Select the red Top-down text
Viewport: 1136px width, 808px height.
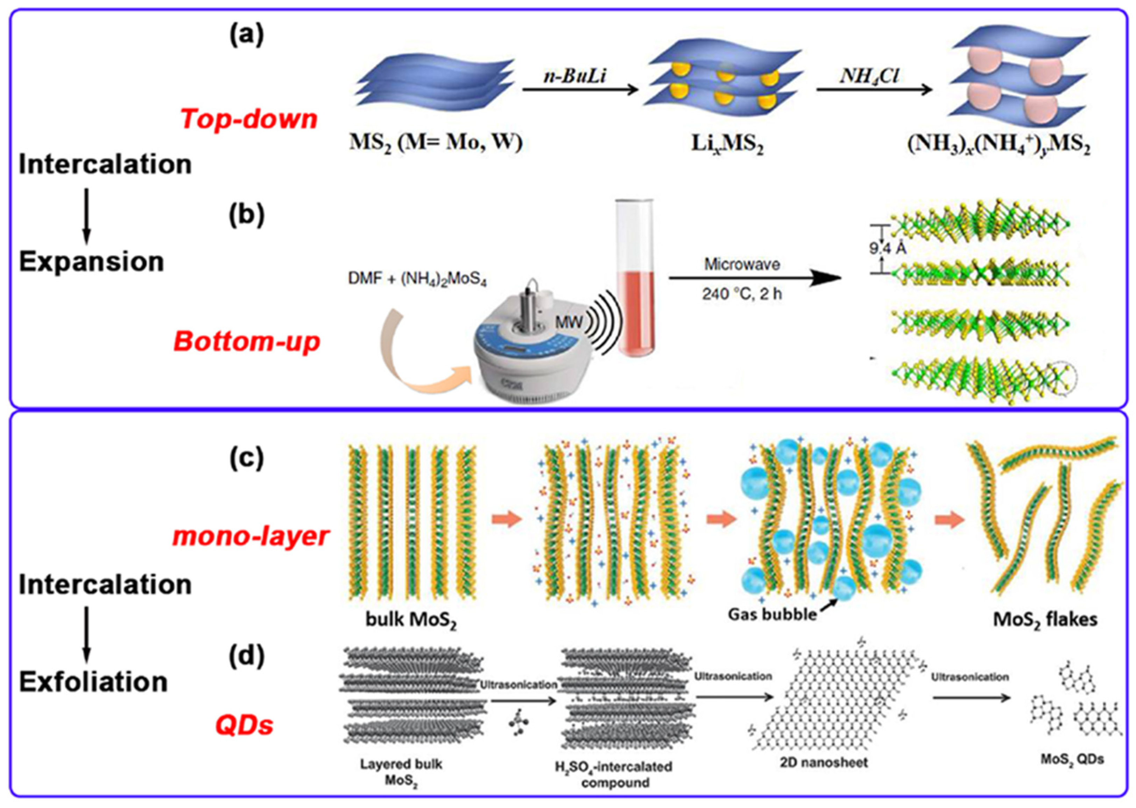pos(249,119)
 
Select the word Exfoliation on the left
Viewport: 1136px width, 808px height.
pos(93,682)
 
